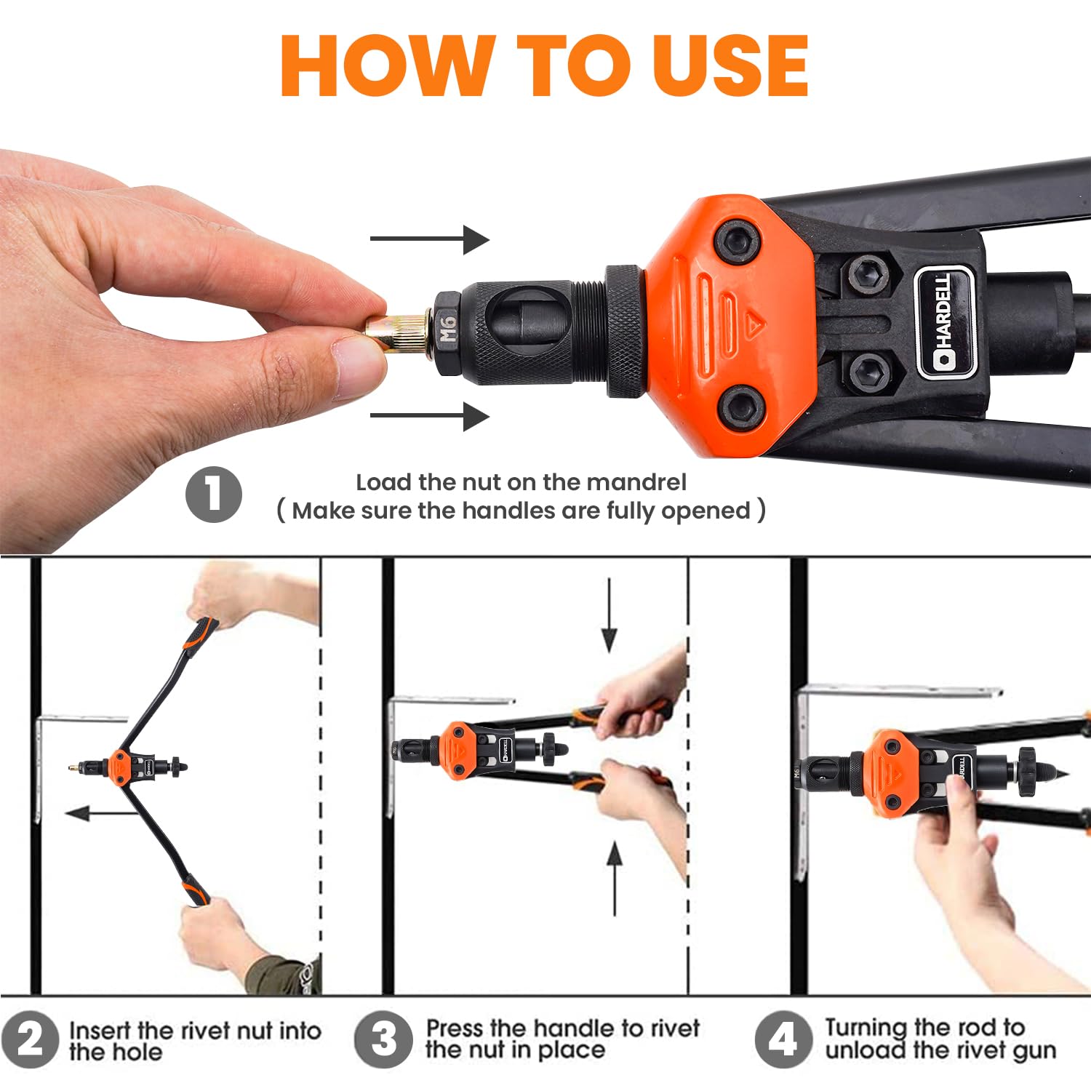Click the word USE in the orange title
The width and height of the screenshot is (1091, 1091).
pyautogui.click(x=730, y=65)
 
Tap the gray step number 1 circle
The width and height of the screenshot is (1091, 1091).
pyautogui.click(x=213, y=495)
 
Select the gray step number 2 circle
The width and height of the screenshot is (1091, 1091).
pyautogui.click(x=29, y=1040)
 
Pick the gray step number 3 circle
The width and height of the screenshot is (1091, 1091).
pyautogui.click(x=383, y=1039)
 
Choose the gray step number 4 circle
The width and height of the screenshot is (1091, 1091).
pyautogui.click(x=783, y=1039)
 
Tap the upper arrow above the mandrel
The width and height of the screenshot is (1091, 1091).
pyautogui.click(x=430, y=239)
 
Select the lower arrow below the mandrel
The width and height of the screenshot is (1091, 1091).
pyautogui.click(x=430, y=416)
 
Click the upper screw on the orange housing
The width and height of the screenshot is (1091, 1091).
pyautogui.click(x=738, y=244)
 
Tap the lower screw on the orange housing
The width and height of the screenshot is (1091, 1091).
pyautogui.click(x=741, y=410)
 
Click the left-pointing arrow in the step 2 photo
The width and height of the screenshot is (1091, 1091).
pyautogui.click(x=102, y=812)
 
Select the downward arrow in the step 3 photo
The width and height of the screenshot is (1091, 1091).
pyautogui.click(x=610, y=615)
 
